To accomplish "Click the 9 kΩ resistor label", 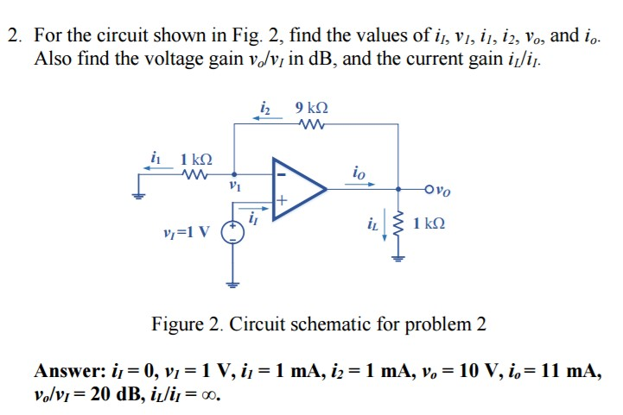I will pyautogui.click(x=311, y=108).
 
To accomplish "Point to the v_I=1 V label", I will pyautogui.click(x=187, y=231).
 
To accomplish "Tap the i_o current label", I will pyautogui.click(x=358, y=173).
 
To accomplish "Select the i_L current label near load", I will pyautogui.click(x=373, y=224).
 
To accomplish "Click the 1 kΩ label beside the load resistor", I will pyautogui.click(x=429, y=224).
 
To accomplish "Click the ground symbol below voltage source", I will pyautogui.click(x=232, y=282).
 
